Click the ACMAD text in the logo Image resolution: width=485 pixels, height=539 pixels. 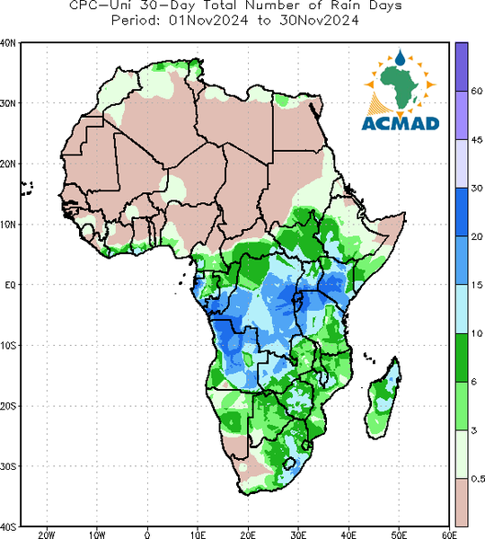point(401,124)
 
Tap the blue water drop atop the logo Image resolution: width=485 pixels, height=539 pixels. point(400,58)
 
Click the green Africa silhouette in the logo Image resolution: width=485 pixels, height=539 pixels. point(400,87)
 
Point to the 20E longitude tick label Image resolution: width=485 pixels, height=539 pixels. point(248,535)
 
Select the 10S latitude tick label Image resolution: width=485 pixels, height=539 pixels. point(8,346)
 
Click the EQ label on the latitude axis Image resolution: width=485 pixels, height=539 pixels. point(10,285)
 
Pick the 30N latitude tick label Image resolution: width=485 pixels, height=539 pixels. point(8,103)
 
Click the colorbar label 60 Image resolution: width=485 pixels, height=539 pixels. point(476,91)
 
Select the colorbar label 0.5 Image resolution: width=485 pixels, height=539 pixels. point(478,479)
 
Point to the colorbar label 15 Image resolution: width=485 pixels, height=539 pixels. point(476,285)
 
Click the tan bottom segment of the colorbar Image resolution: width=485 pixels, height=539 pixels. point(462,502)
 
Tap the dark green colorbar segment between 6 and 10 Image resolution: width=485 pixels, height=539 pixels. point(462,358)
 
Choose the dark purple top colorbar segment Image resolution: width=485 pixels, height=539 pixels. point(462,66)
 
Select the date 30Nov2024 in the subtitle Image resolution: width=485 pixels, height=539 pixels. point(320,21)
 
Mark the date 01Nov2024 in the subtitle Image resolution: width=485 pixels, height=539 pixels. point(208,21)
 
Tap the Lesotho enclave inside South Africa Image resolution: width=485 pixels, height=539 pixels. point(289,463)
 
